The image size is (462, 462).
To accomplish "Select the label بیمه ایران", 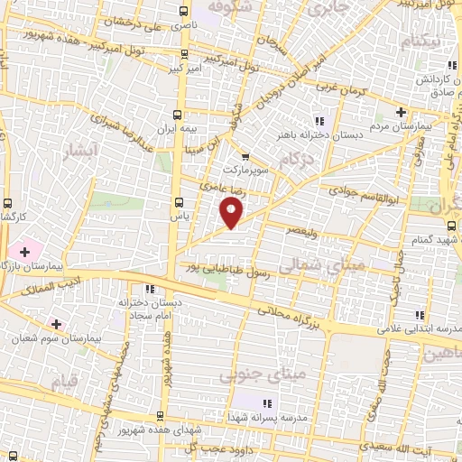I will (175, 130).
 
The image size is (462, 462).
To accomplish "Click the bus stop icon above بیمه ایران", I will (177, 115).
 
